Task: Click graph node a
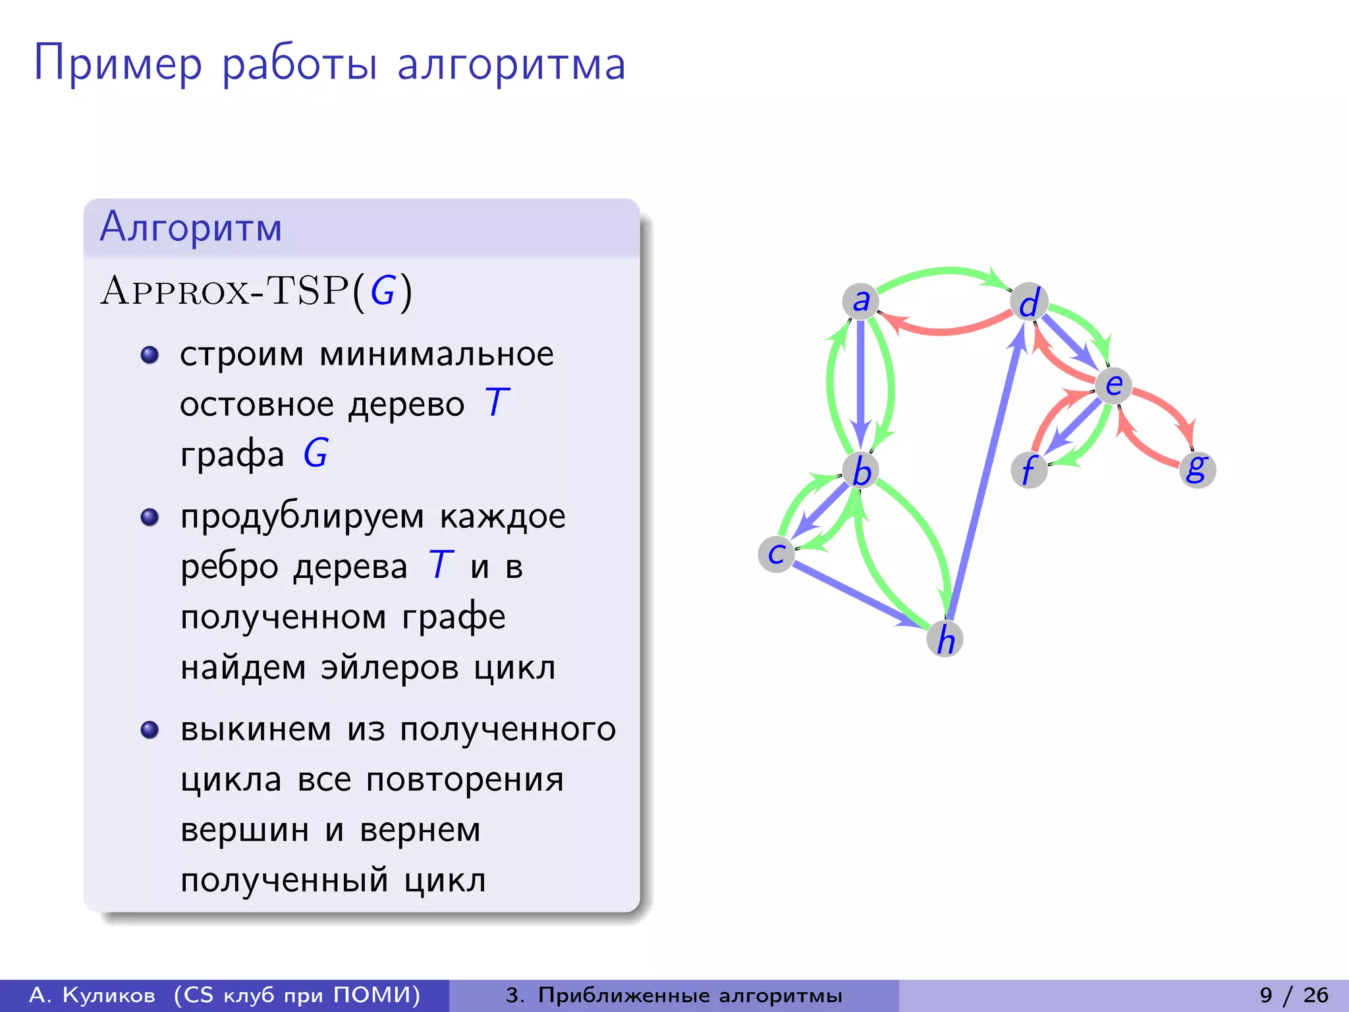click(860, 301)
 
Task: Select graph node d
click(1029, 302)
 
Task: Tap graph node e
click(1113, 385)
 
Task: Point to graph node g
click(1197, 469)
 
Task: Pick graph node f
click(1029, 470)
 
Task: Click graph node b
click(861, 470)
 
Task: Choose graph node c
click(777, 553)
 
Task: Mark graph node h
click(945, 638)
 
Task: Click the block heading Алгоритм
click(191, 227)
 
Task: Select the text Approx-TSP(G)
click(256, 291)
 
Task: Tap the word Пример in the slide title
click(118, 65)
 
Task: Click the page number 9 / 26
click(1294, 995)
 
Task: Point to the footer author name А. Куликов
click(93, 995)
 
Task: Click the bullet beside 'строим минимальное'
click(150, 355)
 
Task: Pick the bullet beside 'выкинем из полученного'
click(150, 730)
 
